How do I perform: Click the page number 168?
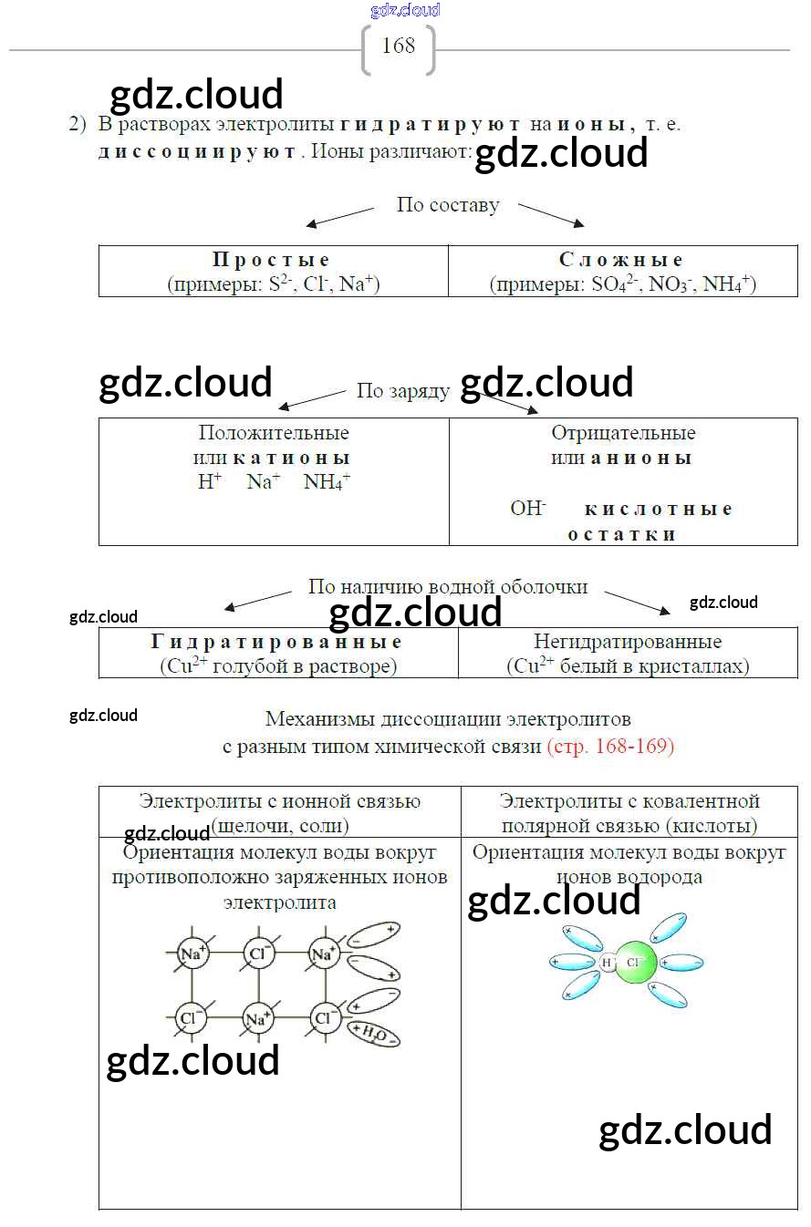pyautogui.click(x=398, y=46)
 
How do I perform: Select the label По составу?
pyautogui.click(x=447, y=205)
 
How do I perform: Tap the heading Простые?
pyautogui.click(x=271, y=261)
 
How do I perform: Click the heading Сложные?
pyautogui.click(x=621, y=261)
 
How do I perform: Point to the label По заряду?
pyautogui.click(x=402, y=391)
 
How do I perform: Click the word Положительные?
pyautogui.click(x=274, y=433)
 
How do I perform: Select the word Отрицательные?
pyautogui.click(x=623, y=433)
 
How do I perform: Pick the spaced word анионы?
pyautogui.click(x=640, y=458)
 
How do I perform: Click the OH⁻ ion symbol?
pyautogui.click(x=528, y=509)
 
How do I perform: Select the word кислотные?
pyautogui.click(x=658, y=510)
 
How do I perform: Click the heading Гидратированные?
pyautogui.click(x=276, y=643)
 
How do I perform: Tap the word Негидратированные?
pyautogui.click(x=628, y=643)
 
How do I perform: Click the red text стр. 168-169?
pyautogui.click(x=610, y=747)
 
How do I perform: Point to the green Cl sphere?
pyautogui.click(x=636, y=963)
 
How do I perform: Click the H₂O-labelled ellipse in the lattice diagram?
pyautogui.click(x=375, y=1032)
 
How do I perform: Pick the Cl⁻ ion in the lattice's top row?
pyautogui.click(x=258, y=954)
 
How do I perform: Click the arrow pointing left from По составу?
pyautogui.click(x=338, y=217)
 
